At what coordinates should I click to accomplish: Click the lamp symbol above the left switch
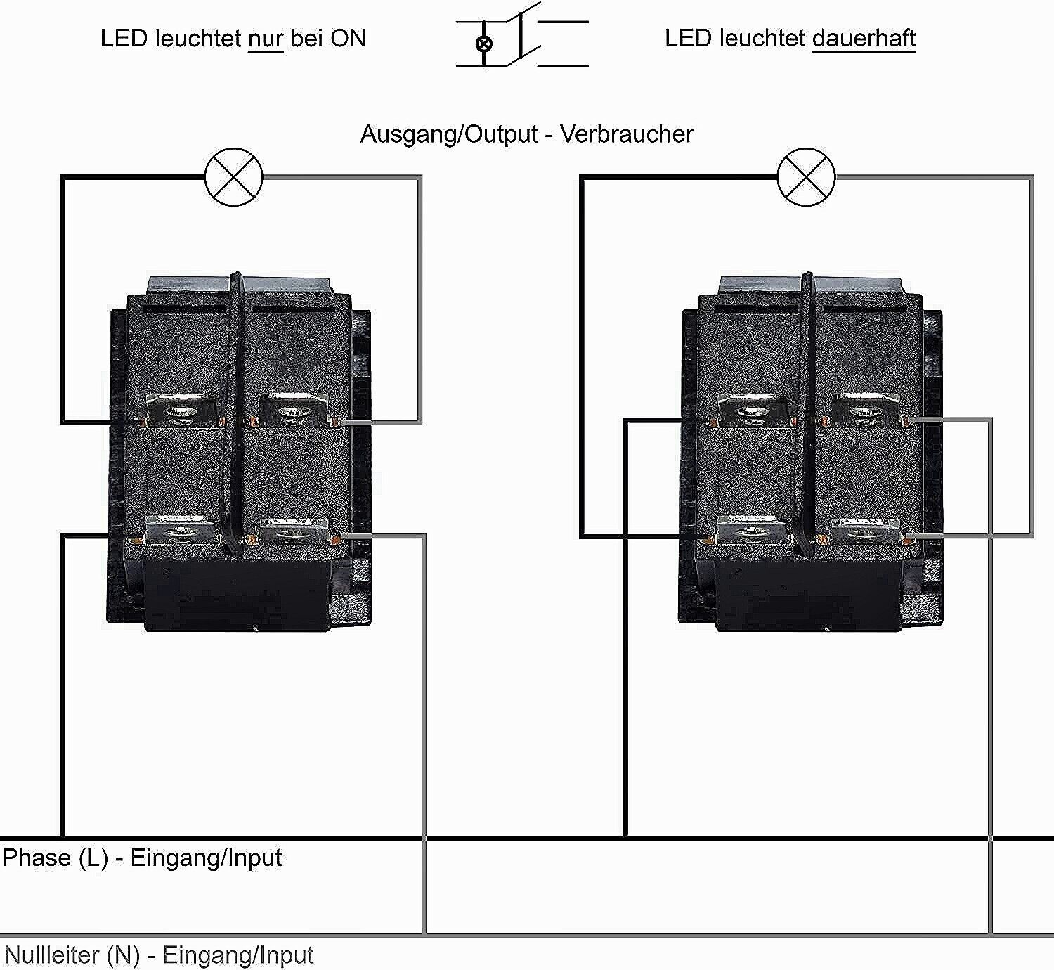[233, 177]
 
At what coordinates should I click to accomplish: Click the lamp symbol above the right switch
[807, 177]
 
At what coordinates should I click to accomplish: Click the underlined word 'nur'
[265, 39]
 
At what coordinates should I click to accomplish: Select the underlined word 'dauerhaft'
[864, 39]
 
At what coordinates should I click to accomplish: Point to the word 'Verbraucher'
[627, 134]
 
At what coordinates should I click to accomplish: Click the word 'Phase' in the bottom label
[37, 858]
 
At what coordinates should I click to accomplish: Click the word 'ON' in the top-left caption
[348, 39]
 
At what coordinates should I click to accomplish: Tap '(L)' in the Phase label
[93, 858]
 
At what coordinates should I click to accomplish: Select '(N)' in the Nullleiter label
[123, 955]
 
